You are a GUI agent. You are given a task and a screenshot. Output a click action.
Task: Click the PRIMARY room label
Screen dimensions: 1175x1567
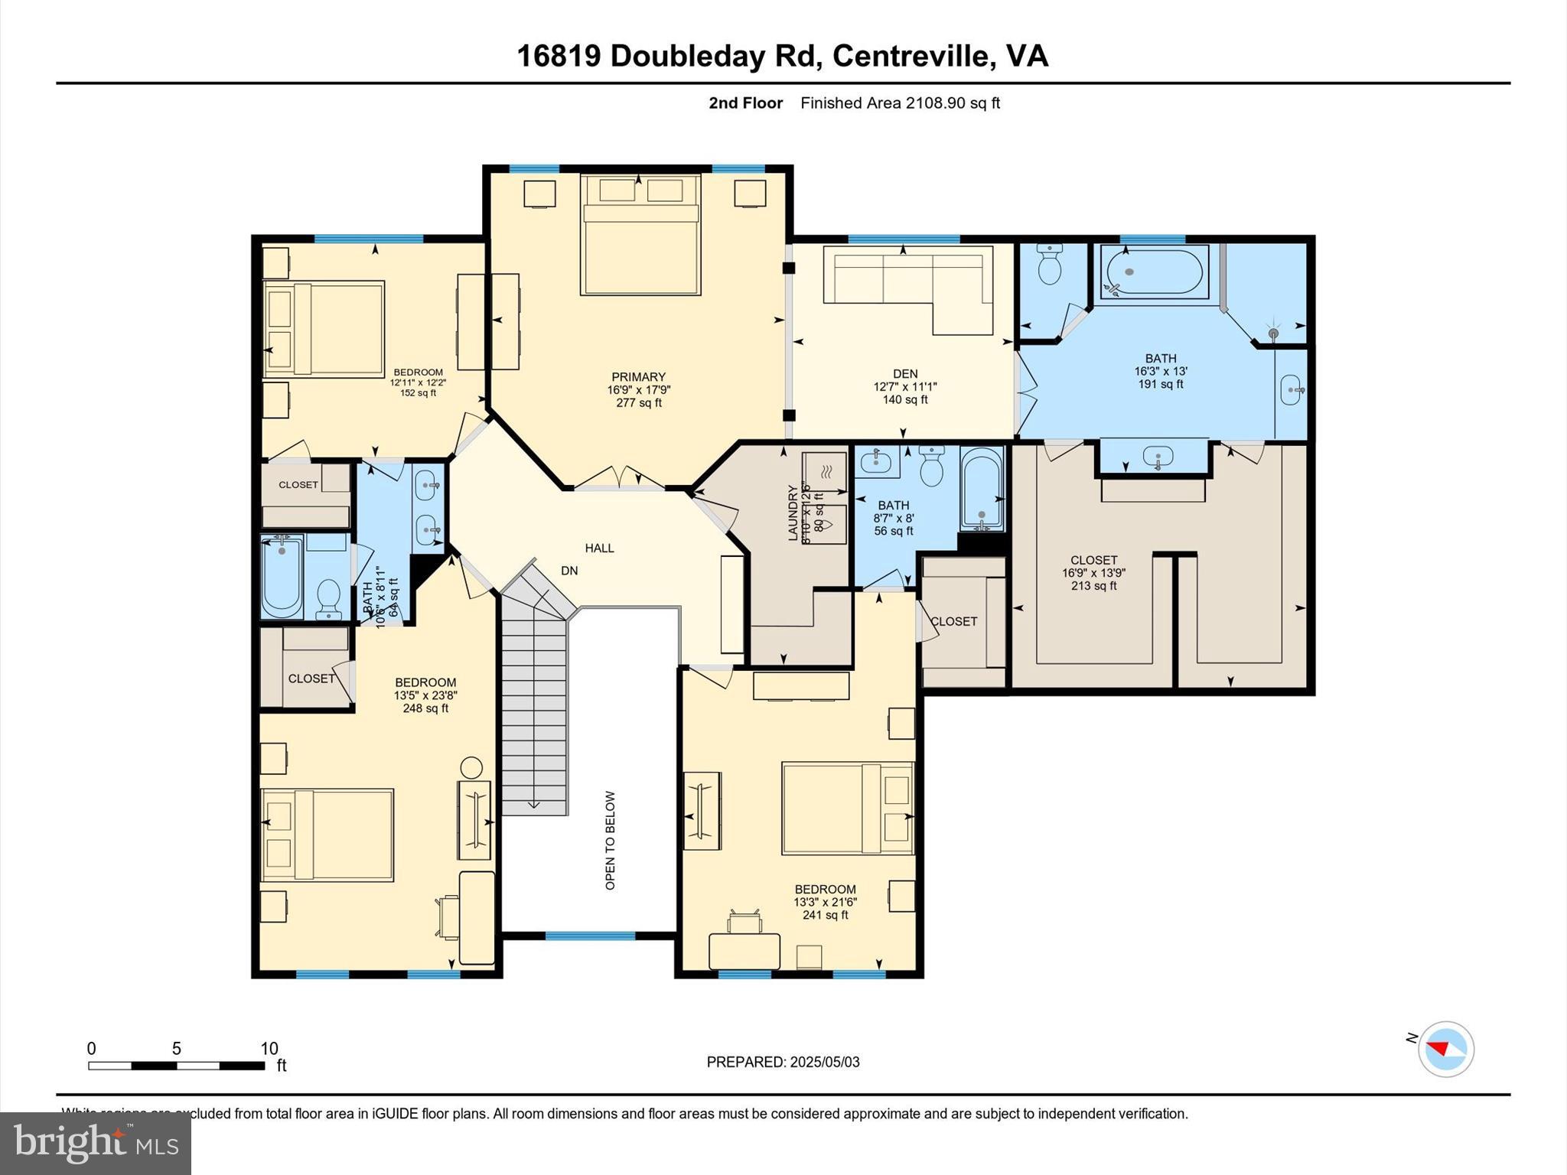point(638,377)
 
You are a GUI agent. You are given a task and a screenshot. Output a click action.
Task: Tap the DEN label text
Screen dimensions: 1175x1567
point(905,374)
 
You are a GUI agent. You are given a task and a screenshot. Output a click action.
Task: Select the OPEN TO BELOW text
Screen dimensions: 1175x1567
point(610,840)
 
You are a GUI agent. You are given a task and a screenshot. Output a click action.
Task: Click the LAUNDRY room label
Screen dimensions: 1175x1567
point(793,513)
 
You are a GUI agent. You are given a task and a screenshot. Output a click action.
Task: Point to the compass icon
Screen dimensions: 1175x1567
point(1445,1049)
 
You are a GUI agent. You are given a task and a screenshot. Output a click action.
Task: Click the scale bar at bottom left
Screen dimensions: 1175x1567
point(177,1065)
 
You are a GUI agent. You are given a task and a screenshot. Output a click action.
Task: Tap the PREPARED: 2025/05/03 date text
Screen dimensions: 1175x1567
point(783,1062)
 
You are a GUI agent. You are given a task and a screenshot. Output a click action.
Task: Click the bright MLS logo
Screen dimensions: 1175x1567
point(96,1143)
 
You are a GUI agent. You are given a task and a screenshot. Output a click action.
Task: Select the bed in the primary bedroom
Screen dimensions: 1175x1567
point(640,235)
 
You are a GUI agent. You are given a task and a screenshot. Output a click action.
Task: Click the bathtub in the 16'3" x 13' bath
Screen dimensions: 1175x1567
point(1153,272)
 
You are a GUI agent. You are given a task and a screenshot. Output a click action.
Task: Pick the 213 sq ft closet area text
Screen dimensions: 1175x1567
point(1093,586)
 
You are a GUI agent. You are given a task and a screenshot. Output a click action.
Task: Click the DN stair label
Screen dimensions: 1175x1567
point(569,571)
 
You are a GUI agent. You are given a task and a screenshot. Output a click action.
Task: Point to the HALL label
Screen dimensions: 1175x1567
point(599,548)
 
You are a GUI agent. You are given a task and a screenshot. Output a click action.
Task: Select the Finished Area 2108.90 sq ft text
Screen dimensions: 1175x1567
point(900,103)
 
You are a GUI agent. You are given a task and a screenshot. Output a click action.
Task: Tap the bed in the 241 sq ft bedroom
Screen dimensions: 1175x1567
point(847,808)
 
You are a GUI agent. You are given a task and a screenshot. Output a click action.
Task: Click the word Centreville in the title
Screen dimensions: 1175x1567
point(913,56)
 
